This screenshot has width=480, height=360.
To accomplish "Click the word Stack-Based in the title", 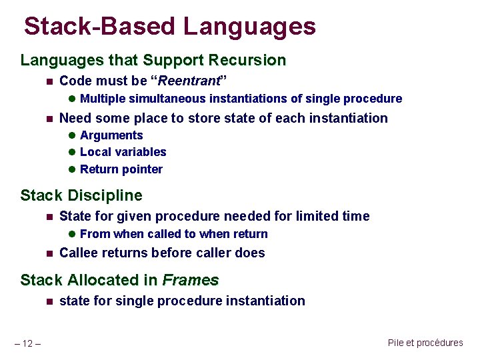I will [x=100, y=26].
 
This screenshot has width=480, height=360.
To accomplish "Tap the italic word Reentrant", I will [x=190, y=81].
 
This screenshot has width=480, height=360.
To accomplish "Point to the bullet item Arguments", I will [x=111, y=135].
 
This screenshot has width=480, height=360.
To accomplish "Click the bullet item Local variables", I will [x=123, y=152].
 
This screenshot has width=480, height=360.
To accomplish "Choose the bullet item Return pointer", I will [x=121, y=169].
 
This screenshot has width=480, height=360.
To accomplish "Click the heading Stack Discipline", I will [x=81, y=195].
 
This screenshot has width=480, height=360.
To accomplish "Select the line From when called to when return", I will [x=173, y=234].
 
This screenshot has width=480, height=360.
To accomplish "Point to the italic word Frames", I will [x=191, y=280].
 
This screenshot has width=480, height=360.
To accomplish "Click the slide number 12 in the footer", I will [x=27, y=343].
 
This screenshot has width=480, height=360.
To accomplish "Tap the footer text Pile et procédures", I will [x=425, y=343].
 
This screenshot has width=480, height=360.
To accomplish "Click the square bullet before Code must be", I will [x=48, y=82].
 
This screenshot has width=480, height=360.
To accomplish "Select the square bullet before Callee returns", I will [x=48, y=253].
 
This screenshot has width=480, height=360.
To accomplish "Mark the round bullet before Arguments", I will [x=72, y=136].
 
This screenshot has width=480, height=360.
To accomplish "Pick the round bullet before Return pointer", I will [x=72, y=170].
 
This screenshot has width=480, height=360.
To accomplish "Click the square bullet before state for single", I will [x=48, y=301].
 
